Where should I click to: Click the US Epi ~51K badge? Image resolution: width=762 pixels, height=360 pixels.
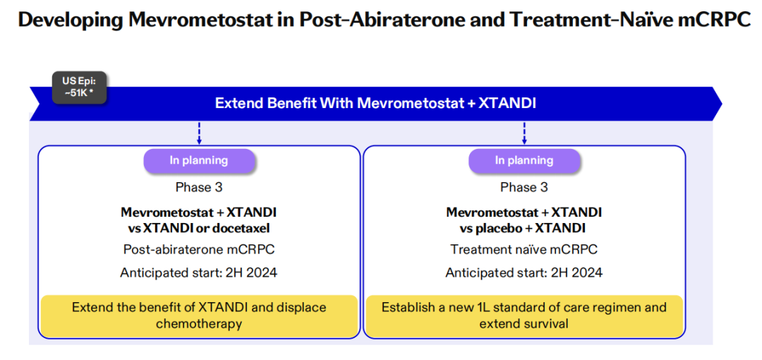(79, 88)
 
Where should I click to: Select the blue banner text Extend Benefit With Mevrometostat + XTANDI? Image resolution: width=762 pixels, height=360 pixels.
(375, 103)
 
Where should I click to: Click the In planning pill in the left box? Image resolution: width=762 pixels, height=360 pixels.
(199, 160)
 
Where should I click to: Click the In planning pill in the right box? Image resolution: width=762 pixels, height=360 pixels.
(524, 160)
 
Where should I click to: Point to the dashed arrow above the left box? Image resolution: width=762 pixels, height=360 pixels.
(199, 133)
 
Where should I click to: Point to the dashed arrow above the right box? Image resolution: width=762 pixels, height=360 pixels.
(524, 133)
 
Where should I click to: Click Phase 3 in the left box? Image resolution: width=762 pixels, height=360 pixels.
(199, 187)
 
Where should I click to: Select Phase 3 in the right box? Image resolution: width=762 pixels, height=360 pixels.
(524, 187)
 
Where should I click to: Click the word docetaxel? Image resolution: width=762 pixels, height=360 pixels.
(247, 228)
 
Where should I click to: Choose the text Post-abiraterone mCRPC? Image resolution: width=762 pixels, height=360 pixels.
(199, 250)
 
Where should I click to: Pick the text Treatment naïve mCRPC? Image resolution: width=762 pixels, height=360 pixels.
(524, 250)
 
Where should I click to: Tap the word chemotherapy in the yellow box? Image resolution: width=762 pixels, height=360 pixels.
(199, 324)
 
